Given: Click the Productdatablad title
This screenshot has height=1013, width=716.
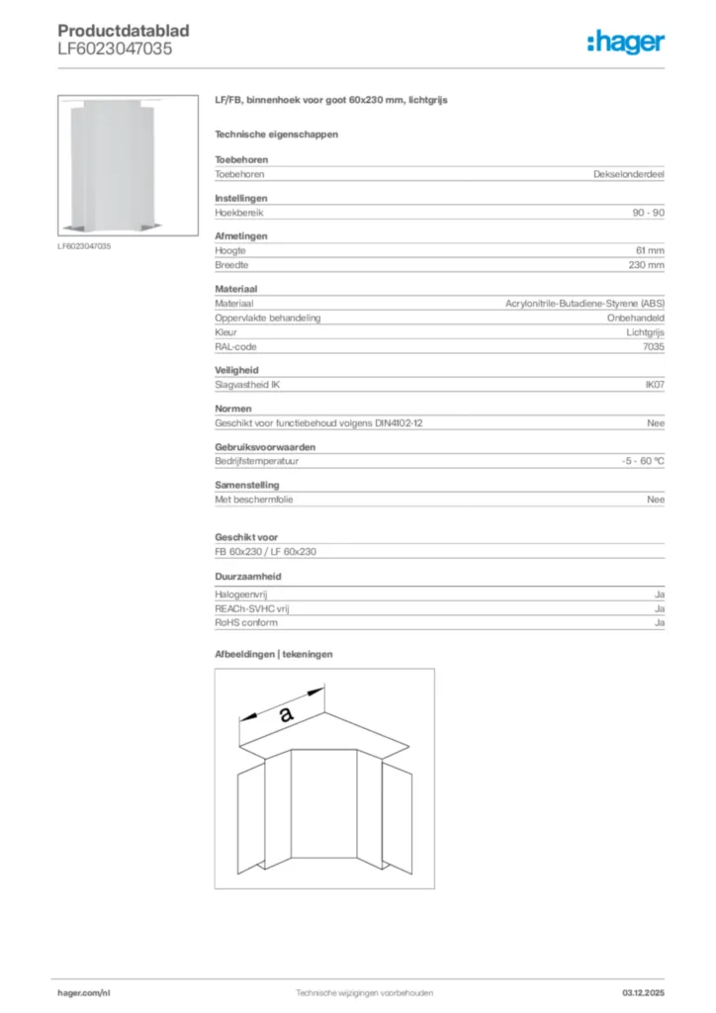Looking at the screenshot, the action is pyautogui.click(x=124, y=31).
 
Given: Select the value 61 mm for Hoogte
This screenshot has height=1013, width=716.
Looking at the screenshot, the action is pyautogui.click(x=650, y=251).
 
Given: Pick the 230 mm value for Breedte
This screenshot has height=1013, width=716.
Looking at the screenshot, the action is pyautogui.click(x=647, y=265).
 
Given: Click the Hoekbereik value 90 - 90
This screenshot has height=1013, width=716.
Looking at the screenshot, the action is pyautogui.click(x=648, y=213).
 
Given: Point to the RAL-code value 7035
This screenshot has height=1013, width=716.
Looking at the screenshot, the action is pyautogui.click(x=654, y=347).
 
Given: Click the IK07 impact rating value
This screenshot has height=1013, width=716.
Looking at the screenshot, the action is pyautogui.click(x=655, y=385).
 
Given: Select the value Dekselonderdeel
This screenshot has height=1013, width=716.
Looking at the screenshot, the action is pyautogui.click(x=629, y=174).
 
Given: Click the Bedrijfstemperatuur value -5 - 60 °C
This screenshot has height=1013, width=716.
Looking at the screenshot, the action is pyautogui.click(x=637, y=462).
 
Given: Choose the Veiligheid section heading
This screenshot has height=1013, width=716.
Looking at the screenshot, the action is pyautogui.click(x=236, y=370).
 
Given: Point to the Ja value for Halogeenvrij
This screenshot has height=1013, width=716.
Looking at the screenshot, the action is pyautogui.click(x=660, y=594).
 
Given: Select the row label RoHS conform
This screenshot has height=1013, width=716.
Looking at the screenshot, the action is pyautogui.click(x=246, y=622).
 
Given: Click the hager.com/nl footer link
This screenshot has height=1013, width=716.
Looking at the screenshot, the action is pyautogui.click(x=82, y=992).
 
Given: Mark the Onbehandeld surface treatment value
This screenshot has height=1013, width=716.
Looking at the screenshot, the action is pyautogui.click(x=635, y=319).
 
